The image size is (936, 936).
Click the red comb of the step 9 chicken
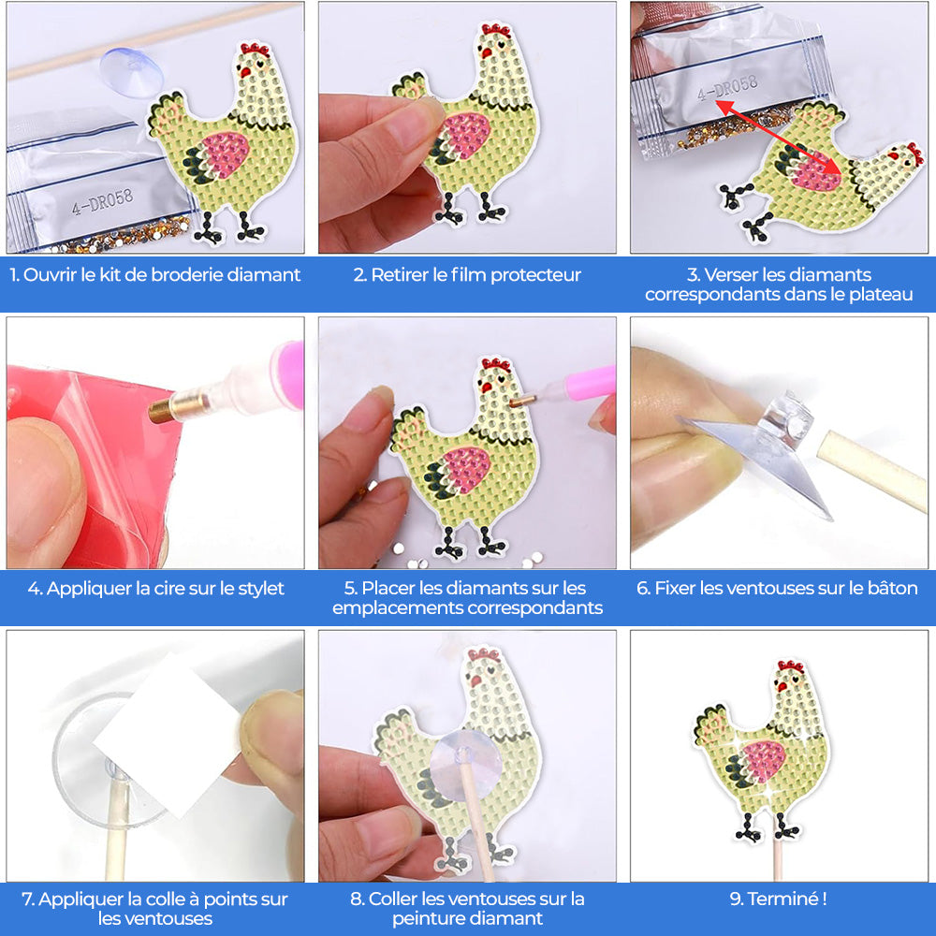tap(790, 667)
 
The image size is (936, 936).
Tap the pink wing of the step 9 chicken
tap(764, 761)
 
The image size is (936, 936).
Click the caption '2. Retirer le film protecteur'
tap(467, 275)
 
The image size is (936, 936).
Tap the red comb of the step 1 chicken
tap(255, 50)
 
